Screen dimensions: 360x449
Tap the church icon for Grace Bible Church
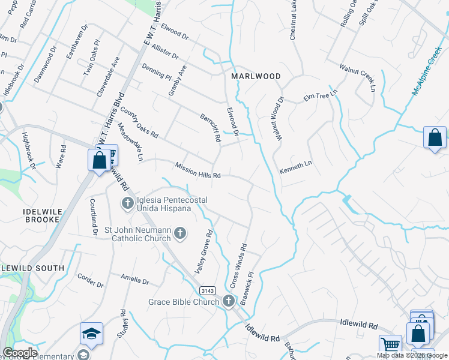click(228, 301)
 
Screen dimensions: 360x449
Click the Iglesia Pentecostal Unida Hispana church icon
click(127, 203)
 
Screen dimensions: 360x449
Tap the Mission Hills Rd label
click(198, 170)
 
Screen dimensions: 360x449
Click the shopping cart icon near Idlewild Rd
click(390, 344)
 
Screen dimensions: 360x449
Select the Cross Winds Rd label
click(238, 264)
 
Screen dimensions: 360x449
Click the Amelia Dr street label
click(134, 280)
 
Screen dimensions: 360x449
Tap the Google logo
click(20, 353)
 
